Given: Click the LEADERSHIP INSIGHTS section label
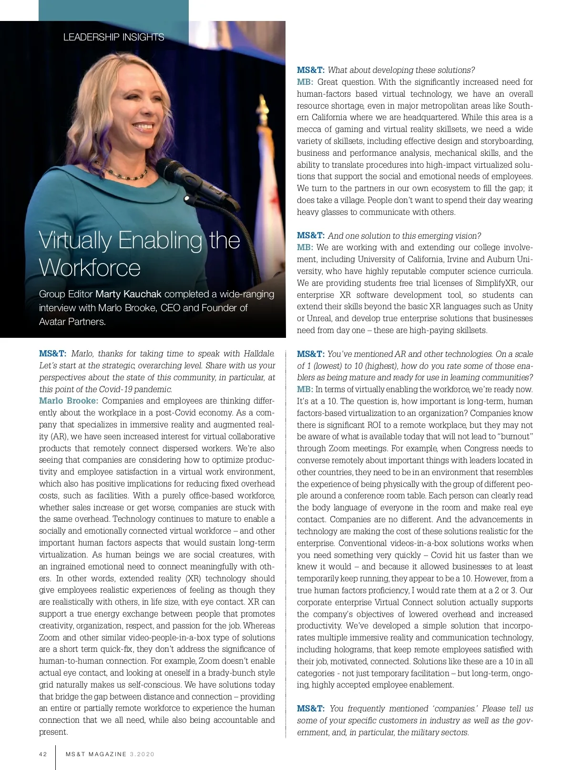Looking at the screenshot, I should pyautogui.click(x=113, y=37).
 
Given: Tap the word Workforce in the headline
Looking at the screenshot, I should pyautogui.click(x=90, y=268).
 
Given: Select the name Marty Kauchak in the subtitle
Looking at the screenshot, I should pyautogui.click(x=128, y=294).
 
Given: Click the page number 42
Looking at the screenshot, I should pyautogui.click(x=43, y=754).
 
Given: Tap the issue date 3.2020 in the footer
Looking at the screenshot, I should pyautogui.click(x=142, y=754).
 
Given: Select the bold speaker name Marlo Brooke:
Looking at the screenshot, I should pyautogui.click(x=69, y=401).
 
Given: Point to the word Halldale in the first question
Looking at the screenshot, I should pyautogui.click(x=259, y=354).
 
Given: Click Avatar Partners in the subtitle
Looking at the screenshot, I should pyautogui.click(x=72, y=322).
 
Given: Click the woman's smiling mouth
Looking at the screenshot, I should pyautogui.click(x=143, y=127).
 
